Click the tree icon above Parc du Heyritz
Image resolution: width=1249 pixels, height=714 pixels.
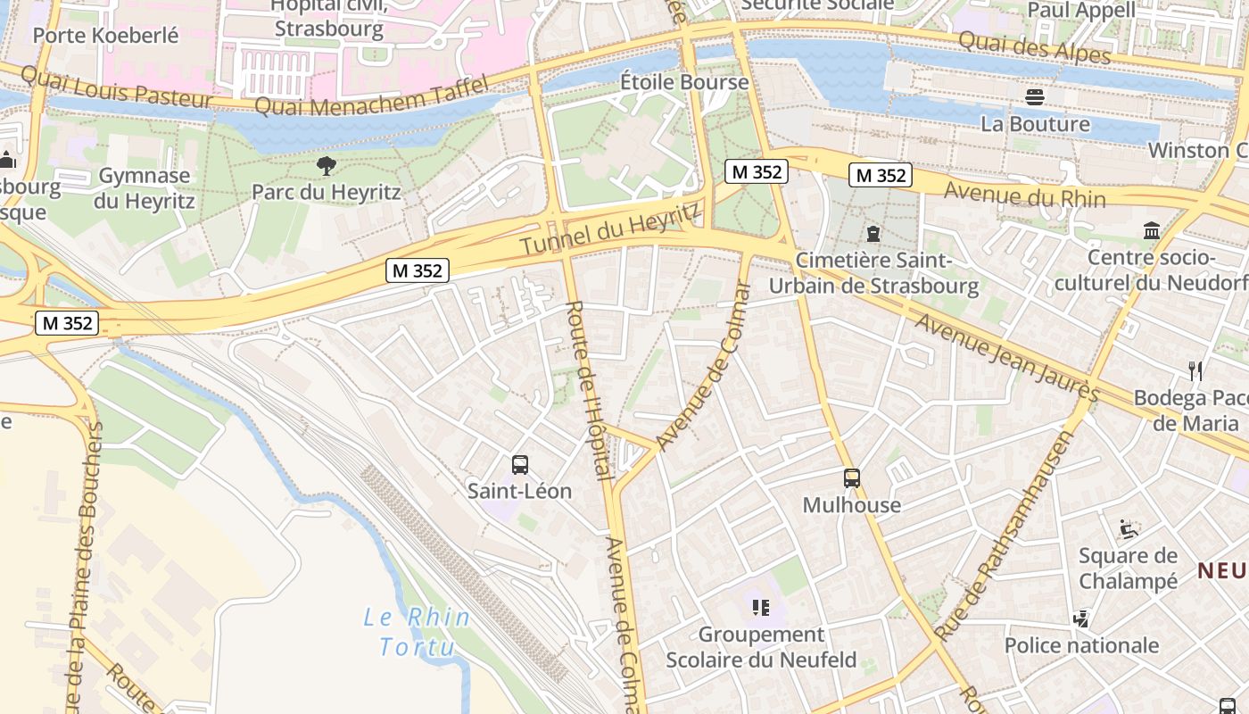click(x=327, y=165)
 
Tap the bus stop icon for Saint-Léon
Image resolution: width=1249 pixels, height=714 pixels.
click(x=520, y=464)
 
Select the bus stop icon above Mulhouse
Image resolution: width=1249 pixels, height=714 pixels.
click(x=852, y=478)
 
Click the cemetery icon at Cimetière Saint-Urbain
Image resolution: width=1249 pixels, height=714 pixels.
click(x=873, y=234)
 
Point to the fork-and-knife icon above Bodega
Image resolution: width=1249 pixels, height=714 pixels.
click(x=1195, y=370)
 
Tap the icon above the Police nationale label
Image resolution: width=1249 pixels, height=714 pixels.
click(x=1081, y=619)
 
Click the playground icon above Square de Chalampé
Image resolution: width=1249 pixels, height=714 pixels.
click(x=1129, y=528)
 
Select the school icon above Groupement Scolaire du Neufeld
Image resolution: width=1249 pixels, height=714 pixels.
click(x=761, y=608)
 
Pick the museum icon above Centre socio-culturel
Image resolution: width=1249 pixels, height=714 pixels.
click(x=1152, y=231)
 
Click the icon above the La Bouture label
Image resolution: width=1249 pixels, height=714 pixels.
click(x=1035, y=96)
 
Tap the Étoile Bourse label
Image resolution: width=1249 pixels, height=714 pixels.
click(x=684, y=82)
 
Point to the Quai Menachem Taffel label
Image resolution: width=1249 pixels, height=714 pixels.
click(x=372, y=96)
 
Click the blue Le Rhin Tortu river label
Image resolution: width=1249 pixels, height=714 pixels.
click(x=418, y=631)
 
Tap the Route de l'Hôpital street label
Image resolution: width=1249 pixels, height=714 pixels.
click(x=590, y=390)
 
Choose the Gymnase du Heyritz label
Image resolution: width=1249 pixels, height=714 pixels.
click(x=144, y=188)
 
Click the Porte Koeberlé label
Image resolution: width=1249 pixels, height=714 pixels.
click(x=105, y=36)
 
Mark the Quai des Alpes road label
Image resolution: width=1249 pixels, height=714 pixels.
click(x=1034, y=47)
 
